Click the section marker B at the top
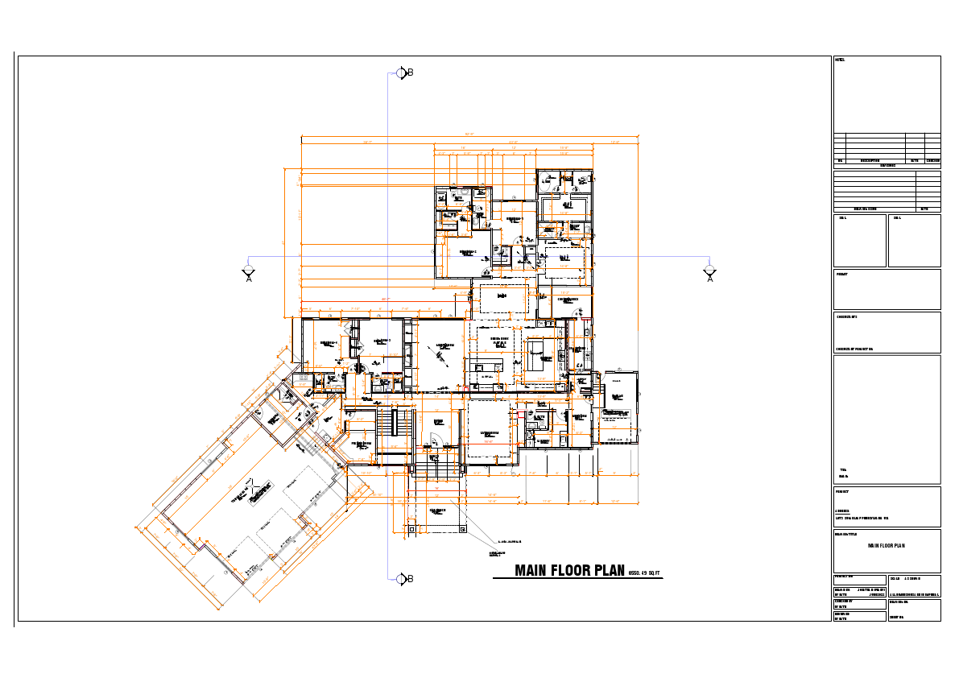click(x=403, y=73)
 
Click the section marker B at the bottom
click(x=403, y=578)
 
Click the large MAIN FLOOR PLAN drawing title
click(x=569, y=571)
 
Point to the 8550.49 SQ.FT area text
click(x=644, y=573)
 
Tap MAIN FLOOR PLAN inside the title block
click(x=886, y=546)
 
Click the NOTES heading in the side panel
click(x=840, y=60)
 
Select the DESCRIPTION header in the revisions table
click(x=870, y=160)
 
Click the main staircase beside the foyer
click(x=395, y=424)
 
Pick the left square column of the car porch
click(x=411, y=529)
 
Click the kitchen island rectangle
click(x=538, y=356)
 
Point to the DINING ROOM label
click(x=499, y=341)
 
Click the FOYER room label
click(x=439, y=421)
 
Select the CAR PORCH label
click(x=437, y=510)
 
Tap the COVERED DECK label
click(x=568, y=300)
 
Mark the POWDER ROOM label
click(x=362, y=444)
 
